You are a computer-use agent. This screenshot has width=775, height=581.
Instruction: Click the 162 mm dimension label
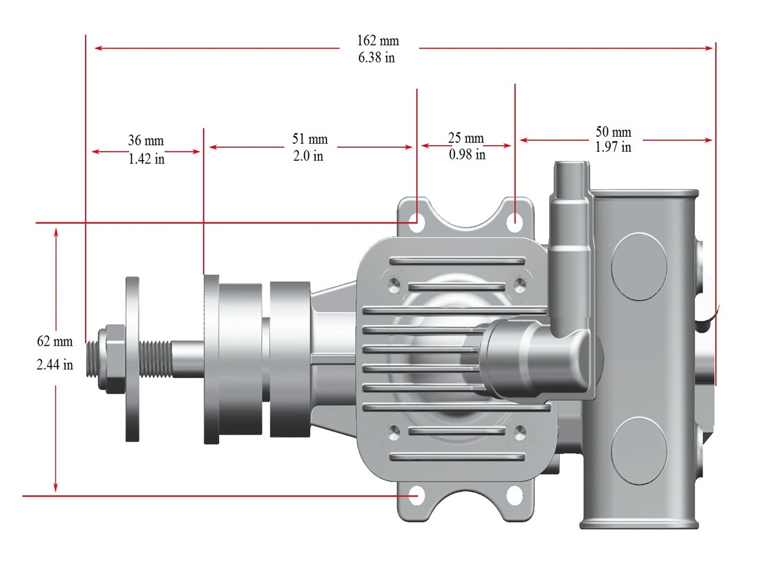click(378, 40)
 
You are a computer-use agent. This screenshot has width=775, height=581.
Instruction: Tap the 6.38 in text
click(377, 57)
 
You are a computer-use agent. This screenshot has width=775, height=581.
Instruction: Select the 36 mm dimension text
click(146, 140)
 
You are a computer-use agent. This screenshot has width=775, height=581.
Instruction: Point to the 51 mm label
click(310, 139)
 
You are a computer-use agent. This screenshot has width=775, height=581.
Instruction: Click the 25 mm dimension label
click(466, 138)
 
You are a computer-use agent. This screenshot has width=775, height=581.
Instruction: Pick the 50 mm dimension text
click(613, 132)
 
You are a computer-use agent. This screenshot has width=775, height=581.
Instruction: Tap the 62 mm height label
click(55, 341)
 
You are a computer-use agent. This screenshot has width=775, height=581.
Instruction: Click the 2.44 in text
click(55, 365)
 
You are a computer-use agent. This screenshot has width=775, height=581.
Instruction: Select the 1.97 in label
click(613, 147)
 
